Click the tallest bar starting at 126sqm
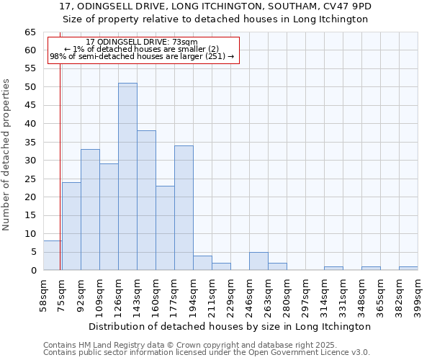(127, 176)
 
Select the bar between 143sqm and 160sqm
(146, 200)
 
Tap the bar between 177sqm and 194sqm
(184, 207)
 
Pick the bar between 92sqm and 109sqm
(90, 210)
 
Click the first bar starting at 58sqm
(53, 256)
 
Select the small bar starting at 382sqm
(408, 269)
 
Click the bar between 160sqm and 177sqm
(165, 228)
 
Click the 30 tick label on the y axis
(30, 161)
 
